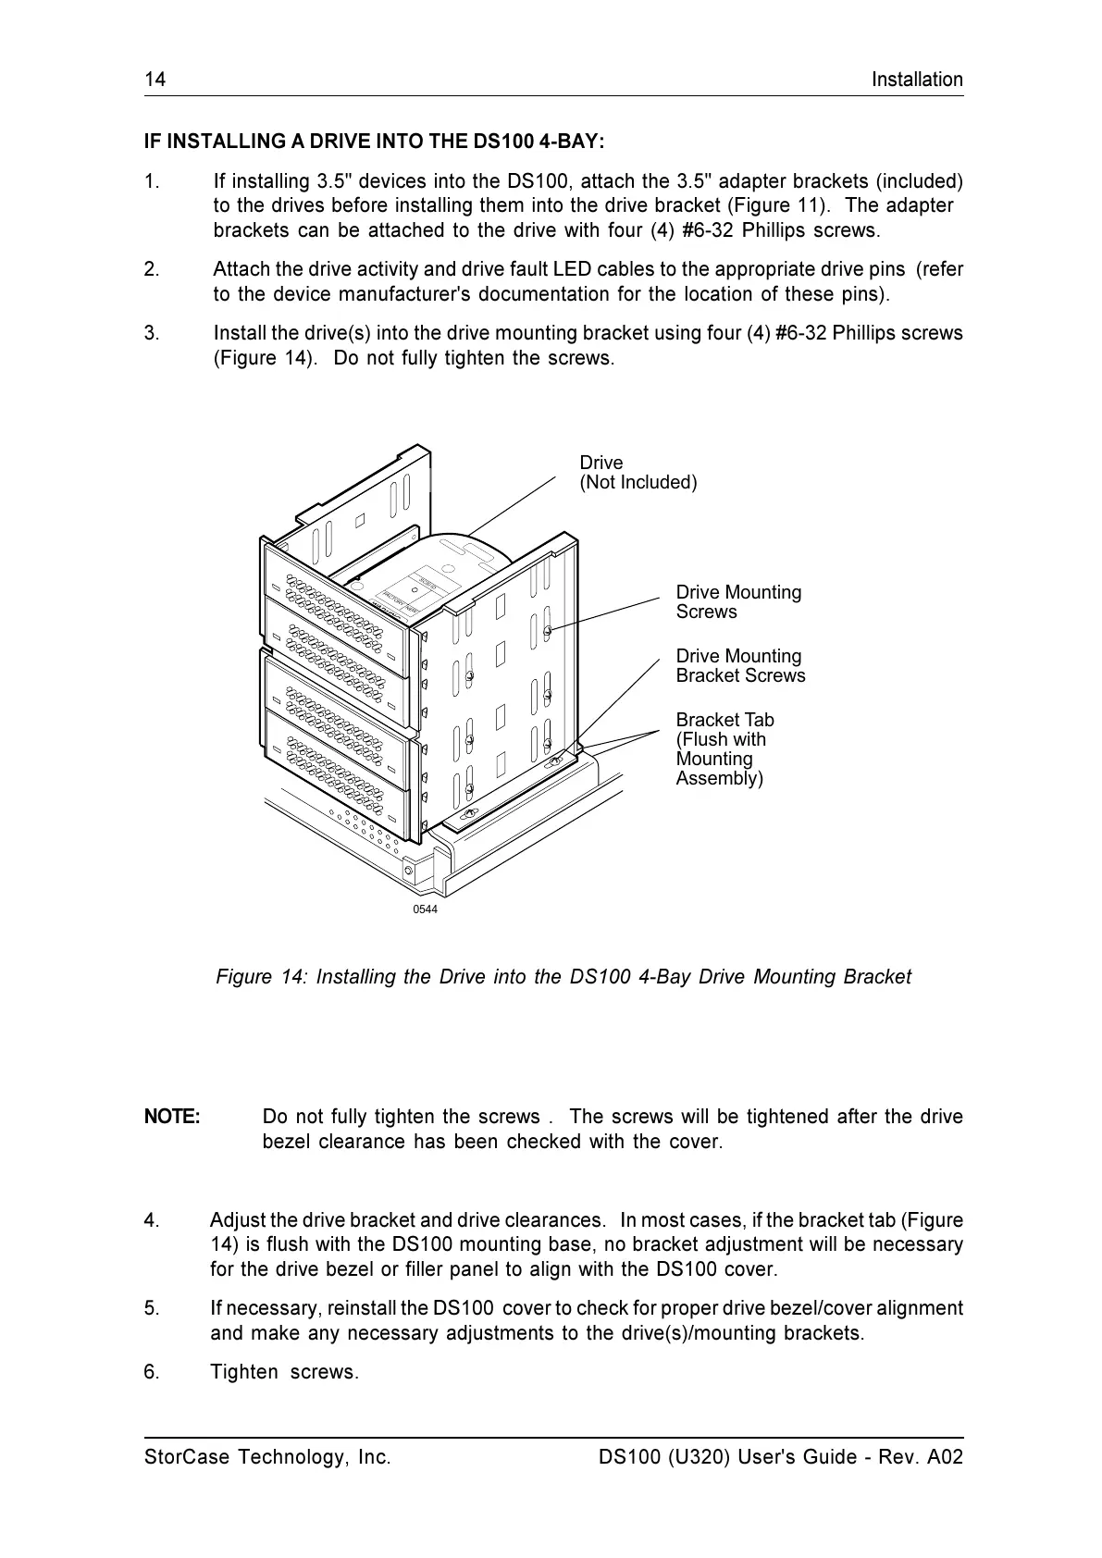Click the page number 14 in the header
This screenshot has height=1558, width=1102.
[155, 80]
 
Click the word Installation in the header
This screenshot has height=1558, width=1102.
[916, 80]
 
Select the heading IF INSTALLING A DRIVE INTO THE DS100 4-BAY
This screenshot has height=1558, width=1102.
[375, 142]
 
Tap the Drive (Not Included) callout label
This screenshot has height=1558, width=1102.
[638, 473]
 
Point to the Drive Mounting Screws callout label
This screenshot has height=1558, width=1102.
[738, 602]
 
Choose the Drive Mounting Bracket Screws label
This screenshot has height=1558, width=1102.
[740, 666]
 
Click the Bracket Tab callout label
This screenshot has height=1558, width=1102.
[724, 748]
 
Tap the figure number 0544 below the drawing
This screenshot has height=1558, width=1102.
[425, 909]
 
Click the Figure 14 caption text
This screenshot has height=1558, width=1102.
[563, 977]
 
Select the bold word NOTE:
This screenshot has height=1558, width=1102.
[172, 1117]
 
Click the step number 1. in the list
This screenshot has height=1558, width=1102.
[152, 181]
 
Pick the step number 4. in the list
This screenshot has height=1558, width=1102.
[152, 1220]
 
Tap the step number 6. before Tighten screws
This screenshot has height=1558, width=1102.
[152, 1372]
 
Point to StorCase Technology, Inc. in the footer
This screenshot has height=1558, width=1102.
[267, 1457]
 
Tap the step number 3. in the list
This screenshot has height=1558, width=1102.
[152, 333]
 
